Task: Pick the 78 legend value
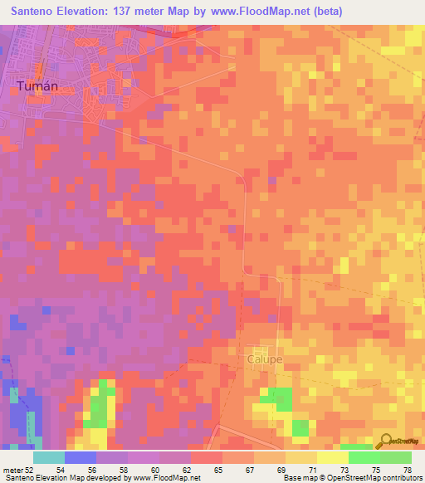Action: click(407, 470)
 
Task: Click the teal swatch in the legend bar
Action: click(48, 457)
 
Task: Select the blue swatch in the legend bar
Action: click(80, 457)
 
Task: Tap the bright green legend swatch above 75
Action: click(364, 457)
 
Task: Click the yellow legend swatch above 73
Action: click(332, 457)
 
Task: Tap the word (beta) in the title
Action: click(326, 12)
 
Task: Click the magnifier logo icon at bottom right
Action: click(385, 441)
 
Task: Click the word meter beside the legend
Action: click(12, 470)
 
